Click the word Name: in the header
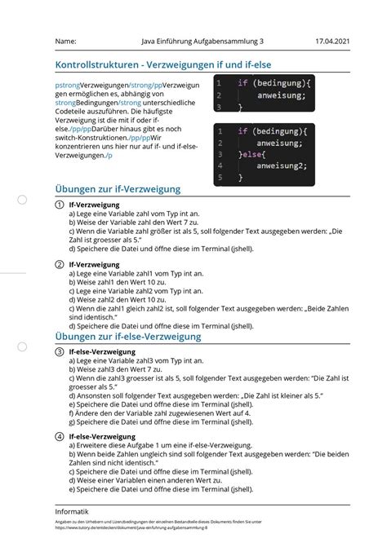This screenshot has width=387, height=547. click(x=65, y=41)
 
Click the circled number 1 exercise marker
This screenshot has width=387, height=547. click(x=60, y=205)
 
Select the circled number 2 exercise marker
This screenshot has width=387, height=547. click(x=60, y=265)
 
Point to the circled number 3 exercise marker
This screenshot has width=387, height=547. click(x=60, y=352)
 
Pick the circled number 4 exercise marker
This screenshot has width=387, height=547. click(x=60, y=436)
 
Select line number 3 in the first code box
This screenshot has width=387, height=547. click(x=219, y=107)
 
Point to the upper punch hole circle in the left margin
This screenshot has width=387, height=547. click(x=22, y=200)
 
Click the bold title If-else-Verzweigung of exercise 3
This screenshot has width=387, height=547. click(x=102, y=351)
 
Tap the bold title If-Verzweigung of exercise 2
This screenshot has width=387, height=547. click(x=94, y=265)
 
